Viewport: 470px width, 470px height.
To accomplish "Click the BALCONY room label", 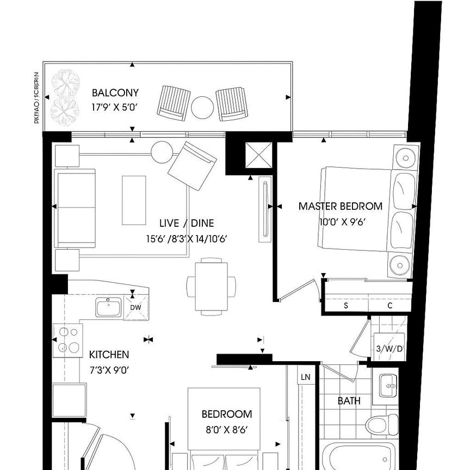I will coord(115,92).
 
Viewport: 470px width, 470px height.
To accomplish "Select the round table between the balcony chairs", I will coord(202,107).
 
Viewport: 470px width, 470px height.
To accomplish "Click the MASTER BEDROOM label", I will coord(340,206).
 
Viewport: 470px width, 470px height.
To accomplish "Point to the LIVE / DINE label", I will coord(187,223).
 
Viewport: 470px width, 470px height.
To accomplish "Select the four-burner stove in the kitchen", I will coord(68,340).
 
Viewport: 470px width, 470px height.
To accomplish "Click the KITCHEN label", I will coord(109,355).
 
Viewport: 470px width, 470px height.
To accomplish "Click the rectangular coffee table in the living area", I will coord(134,200).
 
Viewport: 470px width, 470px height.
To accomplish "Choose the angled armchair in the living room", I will coord(191,165).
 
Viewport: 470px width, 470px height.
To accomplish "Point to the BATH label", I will coord(349,401).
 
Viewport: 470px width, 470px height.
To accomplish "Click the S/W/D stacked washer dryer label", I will coord(389,349).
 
